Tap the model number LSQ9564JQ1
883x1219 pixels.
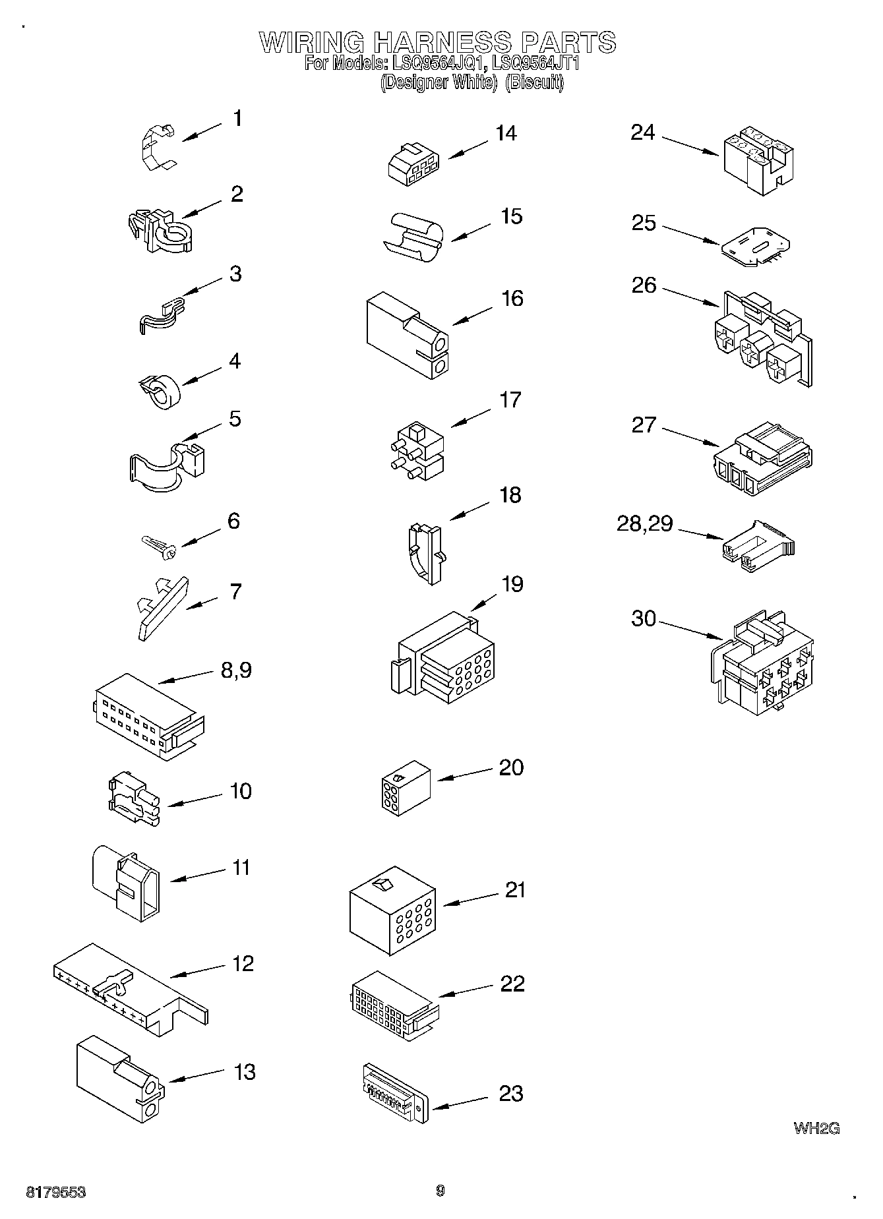tap(439, 64)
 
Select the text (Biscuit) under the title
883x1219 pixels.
tap(534, 82)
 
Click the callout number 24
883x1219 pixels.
tap(642, 133)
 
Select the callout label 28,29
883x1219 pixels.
tap(644, 523)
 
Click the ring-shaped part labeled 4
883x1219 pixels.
tap(162, 390)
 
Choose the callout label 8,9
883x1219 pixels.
tap(235, 670)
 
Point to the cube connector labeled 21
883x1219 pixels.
tap(392, 909)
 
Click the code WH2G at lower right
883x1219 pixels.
tap(816, 1128)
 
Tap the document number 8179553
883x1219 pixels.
tap(56, 1193)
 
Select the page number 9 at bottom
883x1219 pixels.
tap(441, 1191)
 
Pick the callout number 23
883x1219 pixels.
tap(510, 1094)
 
